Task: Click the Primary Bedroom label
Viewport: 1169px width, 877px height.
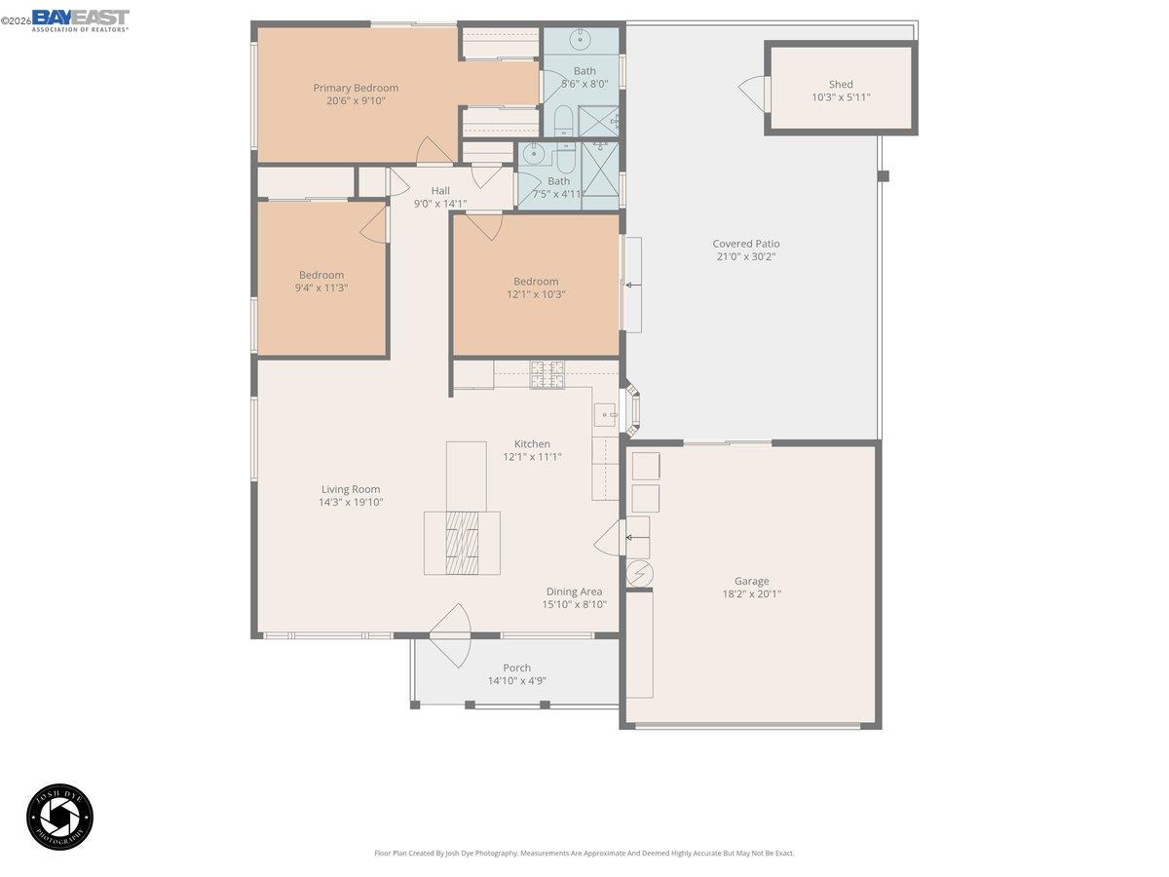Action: point(356,88)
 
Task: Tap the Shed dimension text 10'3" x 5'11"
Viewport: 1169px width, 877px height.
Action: point(841,97)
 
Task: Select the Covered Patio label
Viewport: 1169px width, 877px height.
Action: point(746,244)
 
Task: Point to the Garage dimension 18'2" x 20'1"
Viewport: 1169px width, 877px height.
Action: point(751,593)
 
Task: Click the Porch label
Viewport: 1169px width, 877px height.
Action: point(516,667)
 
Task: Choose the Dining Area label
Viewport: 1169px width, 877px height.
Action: point(574,591)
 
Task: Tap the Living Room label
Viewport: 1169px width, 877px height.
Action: point(351,489)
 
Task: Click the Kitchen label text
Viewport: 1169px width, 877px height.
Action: point(532,443)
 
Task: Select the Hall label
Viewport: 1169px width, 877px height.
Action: point(440,191)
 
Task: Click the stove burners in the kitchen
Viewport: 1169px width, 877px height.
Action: point(547,374)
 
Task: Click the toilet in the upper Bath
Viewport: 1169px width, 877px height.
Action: point(564,121)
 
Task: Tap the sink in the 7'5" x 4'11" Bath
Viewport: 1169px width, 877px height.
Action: point(532,152)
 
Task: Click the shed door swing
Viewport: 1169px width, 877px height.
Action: point(752,93)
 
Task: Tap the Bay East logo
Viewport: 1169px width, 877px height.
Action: point(80,19)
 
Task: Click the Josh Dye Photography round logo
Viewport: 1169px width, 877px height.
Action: point(59,816)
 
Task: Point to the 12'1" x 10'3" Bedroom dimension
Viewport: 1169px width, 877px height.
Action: point(536,294)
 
